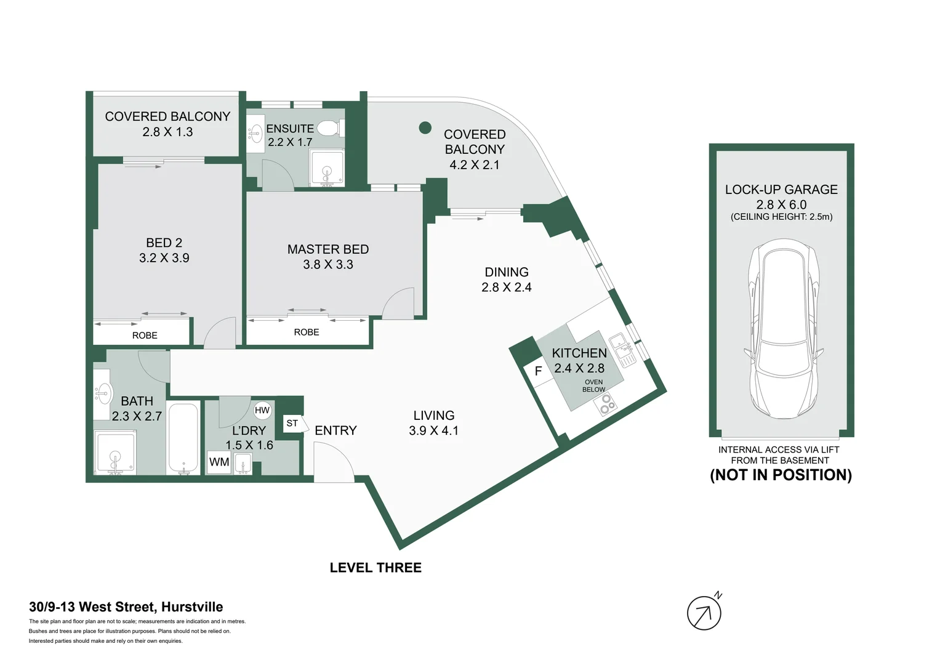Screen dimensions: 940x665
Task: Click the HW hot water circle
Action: click(x=262, y=410)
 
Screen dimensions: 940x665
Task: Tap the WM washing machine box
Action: click(x=219, y=462)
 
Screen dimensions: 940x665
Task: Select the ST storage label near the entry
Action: click(x=292, y=423)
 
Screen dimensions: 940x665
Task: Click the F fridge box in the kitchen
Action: click(x=539, y=371)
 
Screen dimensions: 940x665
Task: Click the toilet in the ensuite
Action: click(x=330, y=128)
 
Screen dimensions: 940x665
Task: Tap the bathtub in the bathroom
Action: click(x=183, y=438)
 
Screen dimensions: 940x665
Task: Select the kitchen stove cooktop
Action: click(x=606, y=405)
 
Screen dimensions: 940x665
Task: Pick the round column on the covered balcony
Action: click(x=425, y=127)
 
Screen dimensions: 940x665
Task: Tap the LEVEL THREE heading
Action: click(x=376, y=568)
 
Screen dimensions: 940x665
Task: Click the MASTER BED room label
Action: click(x=328, y=249)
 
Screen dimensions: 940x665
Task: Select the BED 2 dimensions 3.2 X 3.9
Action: click(x=164, y=258)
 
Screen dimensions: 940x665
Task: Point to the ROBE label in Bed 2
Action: click(x=145, y=336)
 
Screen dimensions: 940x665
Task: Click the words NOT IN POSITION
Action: click(x=781, y=475)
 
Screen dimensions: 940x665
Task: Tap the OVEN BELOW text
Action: click(x=594, y=386)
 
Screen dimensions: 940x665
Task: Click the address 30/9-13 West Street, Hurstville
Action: click(x=126, y=607)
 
